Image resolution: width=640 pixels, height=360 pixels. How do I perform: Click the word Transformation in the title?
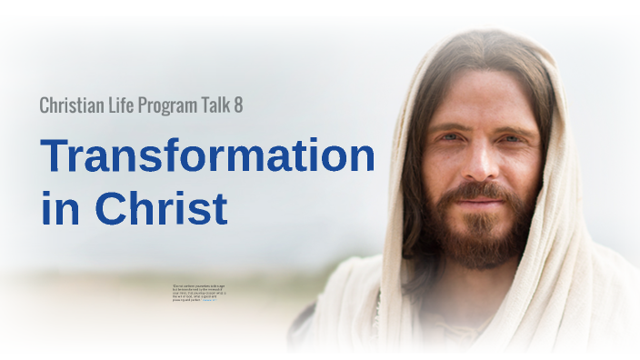[207, 156]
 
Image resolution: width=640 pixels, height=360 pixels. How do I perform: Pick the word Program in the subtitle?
[172, 106]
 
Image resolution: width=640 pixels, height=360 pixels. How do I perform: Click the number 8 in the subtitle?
[238, 105]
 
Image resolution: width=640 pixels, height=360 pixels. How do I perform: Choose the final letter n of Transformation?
[362, 160]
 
